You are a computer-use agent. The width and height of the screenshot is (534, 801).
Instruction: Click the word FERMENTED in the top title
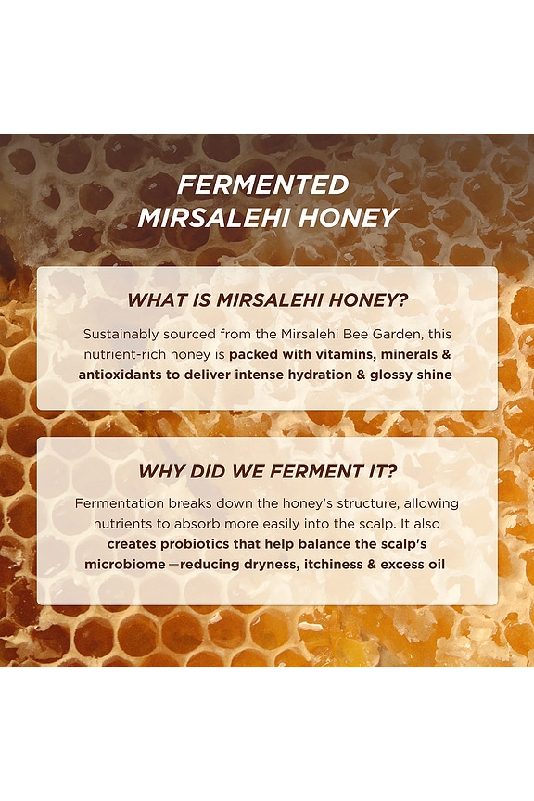(x=263, y=184)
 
